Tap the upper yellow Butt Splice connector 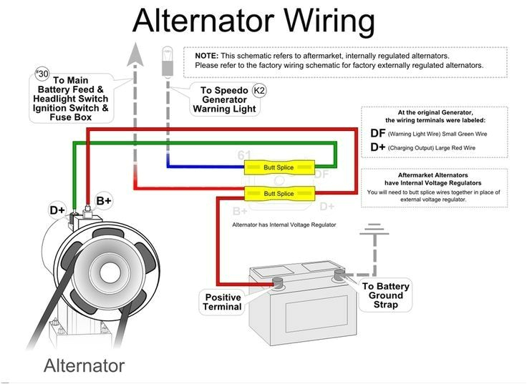pos(279,167)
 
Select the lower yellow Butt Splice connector pos(279,194)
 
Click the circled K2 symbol pos(260,91)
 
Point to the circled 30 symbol pos(41,74)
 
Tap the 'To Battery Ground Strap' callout pos(386,295)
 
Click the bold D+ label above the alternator pos(57,210)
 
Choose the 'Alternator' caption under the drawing pos(84,366)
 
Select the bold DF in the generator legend pos(377,133)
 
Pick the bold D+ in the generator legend pos(377,147)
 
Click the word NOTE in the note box pos(206,56)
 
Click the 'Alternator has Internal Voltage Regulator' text pos(284,225)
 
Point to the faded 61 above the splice pos(245,155)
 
